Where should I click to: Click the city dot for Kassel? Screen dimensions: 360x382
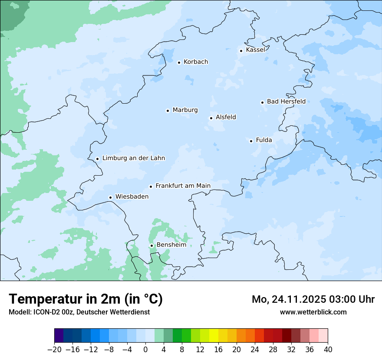coord(241,51)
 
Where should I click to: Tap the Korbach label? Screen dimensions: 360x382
coord(196,62)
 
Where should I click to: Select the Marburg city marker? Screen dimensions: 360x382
coord(168,111)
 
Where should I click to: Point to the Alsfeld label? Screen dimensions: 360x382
coord(226,117)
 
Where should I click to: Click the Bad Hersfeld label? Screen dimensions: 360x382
coord(286,101)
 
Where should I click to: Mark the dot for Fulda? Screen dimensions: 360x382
coord(251,141)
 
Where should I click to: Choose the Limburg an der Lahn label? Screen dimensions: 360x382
coord(133,158)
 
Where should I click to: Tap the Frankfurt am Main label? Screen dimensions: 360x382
coord(183,186)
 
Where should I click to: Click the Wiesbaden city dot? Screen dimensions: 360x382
coord(110,197)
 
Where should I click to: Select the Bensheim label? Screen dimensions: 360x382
coord(171,245)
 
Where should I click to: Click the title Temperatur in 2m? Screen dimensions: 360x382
coord(86,299)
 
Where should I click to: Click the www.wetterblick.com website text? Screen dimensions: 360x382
coord(313,312)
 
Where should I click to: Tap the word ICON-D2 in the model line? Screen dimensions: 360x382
coord(45,312)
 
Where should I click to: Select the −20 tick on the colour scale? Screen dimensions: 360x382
coord(54,350)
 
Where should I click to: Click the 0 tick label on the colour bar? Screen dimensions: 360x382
coord(145,350)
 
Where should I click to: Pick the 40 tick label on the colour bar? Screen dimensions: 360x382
coord(328,350)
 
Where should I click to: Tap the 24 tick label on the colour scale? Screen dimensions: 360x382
coord(255,350)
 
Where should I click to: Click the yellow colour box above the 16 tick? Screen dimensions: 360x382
coord(214,336)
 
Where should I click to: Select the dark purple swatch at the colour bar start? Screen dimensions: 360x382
coord(59,336)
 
